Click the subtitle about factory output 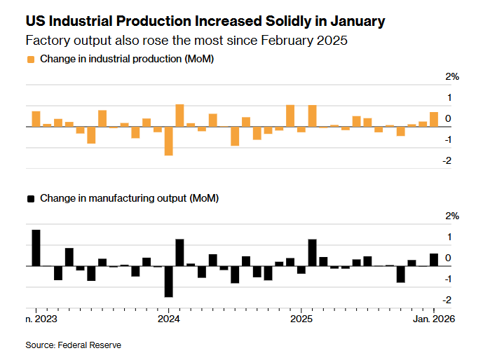coord(186,41)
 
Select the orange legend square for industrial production coord(30,60)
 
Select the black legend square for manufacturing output coord(30,199)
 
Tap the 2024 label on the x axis coord(168,319)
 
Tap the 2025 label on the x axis coord(301,319)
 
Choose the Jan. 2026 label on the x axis coord(433,319)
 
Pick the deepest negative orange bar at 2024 coord(169,141)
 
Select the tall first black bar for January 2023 coord(36,248)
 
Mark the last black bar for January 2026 coord(434,260)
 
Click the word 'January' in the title coord(355,22)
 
